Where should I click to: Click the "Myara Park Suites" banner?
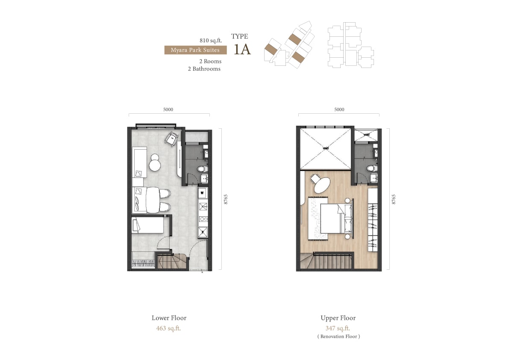coord(195,50)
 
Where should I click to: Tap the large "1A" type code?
coord(242,49)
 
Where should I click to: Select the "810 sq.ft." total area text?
coord(211,41)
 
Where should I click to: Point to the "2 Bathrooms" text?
coord(204,69)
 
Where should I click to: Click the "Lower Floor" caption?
coord(169,318)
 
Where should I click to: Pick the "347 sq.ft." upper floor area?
coord(338,328)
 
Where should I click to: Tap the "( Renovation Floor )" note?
coord(338,336)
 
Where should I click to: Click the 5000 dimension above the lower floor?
coord(168,109)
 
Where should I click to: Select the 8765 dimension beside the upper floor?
coord(394,199)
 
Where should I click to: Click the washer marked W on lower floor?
coord(203,193)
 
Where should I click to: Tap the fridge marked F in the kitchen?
coord(203,232)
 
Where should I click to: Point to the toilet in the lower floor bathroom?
coord(203,169)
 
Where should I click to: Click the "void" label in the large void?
coord(326,148)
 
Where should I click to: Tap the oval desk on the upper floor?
coord(322,186)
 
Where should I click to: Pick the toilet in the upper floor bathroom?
coord(372,168)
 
